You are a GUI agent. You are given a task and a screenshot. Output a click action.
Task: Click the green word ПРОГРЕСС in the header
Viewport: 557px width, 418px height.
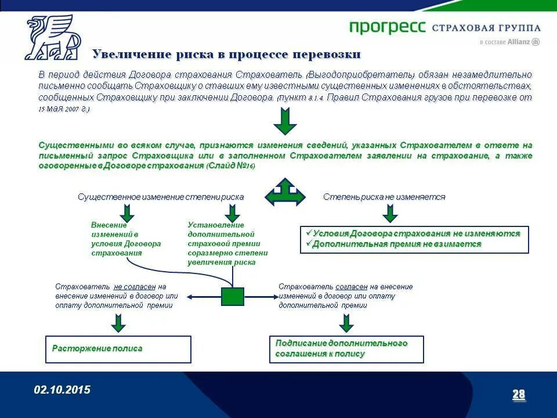(x=388, y=27)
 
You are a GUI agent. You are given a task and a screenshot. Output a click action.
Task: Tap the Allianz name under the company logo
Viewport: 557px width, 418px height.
(x=519, y=42)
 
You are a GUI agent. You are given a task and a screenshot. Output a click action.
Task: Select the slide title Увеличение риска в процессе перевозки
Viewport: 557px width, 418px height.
(x=226, y=55)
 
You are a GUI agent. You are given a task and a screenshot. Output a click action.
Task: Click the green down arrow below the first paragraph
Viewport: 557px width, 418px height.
(x=285, y=121)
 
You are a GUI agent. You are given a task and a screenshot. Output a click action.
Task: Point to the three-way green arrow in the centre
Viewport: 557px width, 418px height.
(x=285, y=192)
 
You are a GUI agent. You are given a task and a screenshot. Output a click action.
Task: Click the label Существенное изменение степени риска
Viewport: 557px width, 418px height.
(x=161, y=197)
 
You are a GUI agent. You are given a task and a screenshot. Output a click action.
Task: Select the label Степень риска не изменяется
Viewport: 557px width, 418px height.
(x=384, y=197)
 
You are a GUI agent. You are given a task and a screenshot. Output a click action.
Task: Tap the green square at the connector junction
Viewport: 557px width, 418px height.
(x=233, y=296)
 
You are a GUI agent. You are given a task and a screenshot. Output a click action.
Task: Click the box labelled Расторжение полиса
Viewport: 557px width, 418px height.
(x=118, y=349)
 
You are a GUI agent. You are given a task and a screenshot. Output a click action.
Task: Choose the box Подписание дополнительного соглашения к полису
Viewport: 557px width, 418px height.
(x=346, y=349)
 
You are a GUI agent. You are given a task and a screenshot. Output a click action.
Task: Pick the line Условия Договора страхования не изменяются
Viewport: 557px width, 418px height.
(x=415, y=233)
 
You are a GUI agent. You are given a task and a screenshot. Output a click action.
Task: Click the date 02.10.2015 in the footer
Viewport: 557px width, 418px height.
(x=62, y=390)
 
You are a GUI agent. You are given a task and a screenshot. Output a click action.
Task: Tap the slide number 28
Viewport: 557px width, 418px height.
(x=518, y=395)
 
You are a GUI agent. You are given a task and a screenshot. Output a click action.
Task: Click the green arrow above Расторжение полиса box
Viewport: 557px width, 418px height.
(x=118, y=322)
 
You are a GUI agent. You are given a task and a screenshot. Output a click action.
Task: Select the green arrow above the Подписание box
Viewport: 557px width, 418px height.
(x=346, y=322)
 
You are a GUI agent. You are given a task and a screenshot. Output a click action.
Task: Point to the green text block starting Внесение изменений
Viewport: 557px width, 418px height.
(x=125, y=239)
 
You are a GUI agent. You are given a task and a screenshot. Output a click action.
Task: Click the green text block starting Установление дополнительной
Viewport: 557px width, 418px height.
(x=227, y=244)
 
